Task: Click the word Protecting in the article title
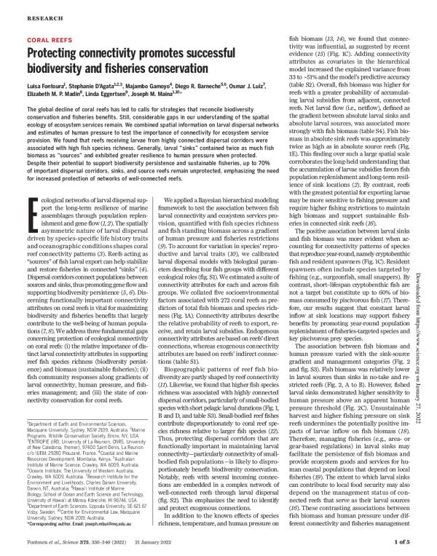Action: pyautogui.click(x=59, y=57)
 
